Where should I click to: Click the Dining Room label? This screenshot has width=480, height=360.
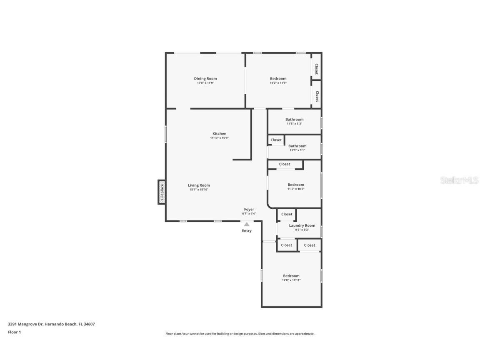[205, 78]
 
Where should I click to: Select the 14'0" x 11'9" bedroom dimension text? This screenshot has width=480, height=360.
[278, 83]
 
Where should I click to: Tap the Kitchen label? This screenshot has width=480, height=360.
[220, 134]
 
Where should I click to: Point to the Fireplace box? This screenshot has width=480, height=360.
[162, 192]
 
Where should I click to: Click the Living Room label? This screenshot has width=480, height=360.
[199, 185]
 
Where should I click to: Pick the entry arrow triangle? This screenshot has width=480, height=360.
[247, 224]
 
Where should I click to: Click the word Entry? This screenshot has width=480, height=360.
[247, 230]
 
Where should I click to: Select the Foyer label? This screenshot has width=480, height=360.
[249, 209]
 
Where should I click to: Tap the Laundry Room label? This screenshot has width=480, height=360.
[302, 225]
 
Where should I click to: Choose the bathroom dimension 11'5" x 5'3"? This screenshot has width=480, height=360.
[294, 124]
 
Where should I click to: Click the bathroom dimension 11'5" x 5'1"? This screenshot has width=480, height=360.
[297, 150]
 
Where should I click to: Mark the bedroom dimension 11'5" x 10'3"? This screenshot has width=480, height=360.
[296, 189]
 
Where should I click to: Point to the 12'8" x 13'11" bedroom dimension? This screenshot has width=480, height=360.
[291, 280]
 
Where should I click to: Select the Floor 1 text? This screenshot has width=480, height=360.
[14, 332]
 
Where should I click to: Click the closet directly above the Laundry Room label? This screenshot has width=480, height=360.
[287, 214]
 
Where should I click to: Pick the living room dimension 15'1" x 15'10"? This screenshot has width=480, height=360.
[199, 190]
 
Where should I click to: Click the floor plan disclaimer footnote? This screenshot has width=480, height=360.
[240, 334]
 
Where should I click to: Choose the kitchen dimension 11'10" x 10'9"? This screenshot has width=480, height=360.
[220, 138]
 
